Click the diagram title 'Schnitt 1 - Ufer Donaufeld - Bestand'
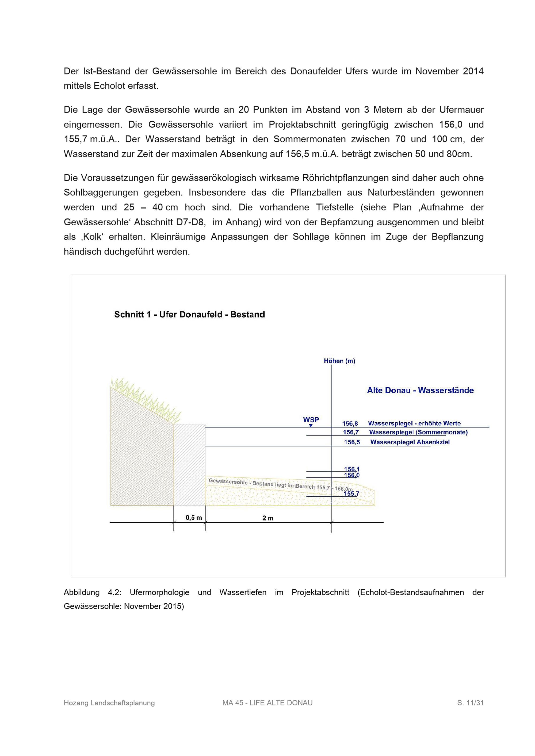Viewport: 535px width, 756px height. coord(189,314)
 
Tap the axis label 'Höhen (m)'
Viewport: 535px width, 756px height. coord(339,361)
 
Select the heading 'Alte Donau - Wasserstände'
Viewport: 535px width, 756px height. coord(420,390)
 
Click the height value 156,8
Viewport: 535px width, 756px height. coord(350,423)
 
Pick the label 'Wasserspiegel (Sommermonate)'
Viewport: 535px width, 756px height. coord(418,432)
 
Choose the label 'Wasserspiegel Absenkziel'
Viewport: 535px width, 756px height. coord(410,442)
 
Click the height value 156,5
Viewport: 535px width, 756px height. coord(352,442)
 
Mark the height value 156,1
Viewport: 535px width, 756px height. coord(352,469)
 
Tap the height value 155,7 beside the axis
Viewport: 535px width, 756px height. coord(351,493)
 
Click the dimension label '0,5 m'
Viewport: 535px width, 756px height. coord(194,518)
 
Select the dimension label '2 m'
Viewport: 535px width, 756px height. coord(268,518)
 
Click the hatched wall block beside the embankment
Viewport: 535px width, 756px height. coord(189,464)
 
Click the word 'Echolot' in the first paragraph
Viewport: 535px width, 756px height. coord(111,86)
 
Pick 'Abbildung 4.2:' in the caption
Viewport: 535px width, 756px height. coord(93,592)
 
